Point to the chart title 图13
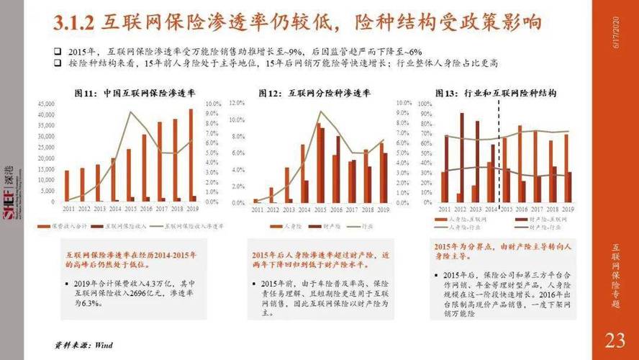point(496,93)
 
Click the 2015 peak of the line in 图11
point(130,112)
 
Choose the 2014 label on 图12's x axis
point(304,208)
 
